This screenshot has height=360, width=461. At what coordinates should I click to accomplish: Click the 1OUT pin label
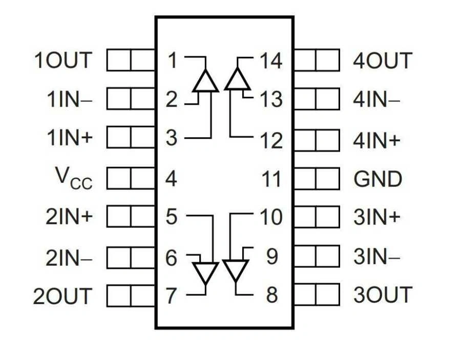[62, 60]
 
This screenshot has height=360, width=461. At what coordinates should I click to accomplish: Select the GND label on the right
[378, 179]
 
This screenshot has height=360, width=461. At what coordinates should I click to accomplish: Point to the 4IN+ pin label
[376, 140]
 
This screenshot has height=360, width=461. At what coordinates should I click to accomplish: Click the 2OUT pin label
[62, 296]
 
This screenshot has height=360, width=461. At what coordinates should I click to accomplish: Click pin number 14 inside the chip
[271, 61]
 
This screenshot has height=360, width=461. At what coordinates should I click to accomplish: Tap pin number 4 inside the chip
[172, 179]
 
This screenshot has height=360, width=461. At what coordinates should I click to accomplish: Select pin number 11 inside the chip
[271, 179]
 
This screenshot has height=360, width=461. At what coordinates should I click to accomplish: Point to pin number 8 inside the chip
[271, 295]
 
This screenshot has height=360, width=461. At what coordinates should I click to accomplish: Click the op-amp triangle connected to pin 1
[206, 81]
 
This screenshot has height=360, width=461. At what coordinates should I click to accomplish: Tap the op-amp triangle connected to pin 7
[205, 272]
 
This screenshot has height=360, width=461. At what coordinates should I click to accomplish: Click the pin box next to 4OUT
[317, 60]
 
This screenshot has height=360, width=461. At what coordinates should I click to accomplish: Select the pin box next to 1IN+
[131, 138]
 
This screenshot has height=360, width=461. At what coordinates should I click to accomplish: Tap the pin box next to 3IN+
[317, 217]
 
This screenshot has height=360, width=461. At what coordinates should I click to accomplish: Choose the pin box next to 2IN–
[131, 257]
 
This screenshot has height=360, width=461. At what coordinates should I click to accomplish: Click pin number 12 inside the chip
[271, 140]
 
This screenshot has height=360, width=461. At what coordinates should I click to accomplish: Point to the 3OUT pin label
[382, 295]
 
